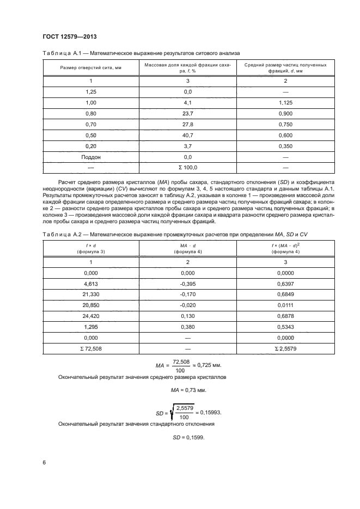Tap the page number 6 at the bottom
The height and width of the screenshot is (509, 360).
pyautogui.click(x=44, y=463)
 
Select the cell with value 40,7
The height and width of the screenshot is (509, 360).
pyautogui.click(x=188, y=135)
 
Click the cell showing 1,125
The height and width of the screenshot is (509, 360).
pyautogui.click(x=285, y=102)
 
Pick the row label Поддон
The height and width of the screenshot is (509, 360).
pyautogui.click(x=91, y=157)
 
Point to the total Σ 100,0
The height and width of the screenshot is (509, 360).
pyautogui.click(x=188, y=168)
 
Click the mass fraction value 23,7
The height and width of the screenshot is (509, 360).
pyautogui.click(x=188, y=113)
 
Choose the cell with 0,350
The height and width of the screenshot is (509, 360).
pyautogui.click(x=285, y=146)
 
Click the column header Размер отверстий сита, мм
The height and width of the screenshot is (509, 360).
pyautogui.click(x=91, y=68)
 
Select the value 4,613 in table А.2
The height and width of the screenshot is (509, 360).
pyautogui.click(x=91, y=284)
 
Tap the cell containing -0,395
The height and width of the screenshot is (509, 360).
pyautogui.click(x=188, y=284)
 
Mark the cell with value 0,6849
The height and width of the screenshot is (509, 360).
pyautogui.click(x=285, y=295)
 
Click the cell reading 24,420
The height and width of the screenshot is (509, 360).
pyautogui.click(x=91, y=316)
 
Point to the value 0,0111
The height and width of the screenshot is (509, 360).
pyautogui.click(x=285, y=305)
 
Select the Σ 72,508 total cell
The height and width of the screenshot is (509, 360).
pyautogui.click(x=91, y=348)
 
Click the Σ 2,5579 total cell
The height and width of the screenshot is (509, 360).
pyautogui.click(x=285, y=348)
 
